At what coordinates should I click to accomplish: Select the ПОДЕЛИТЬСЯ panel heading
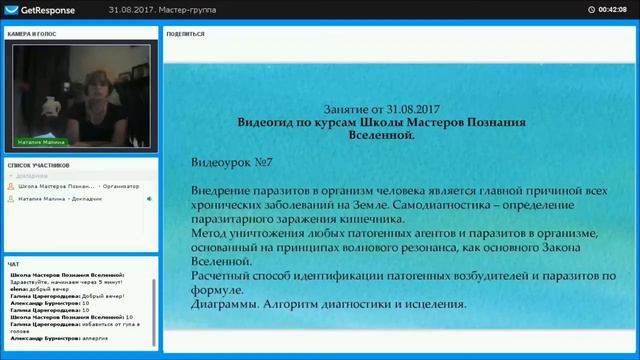click(x=187, y=33)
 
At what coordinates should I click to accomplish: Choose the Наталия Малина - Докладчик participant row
click(x=70, y=199)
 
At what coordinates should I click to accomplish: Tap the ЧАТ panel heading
click(x=13, y=264)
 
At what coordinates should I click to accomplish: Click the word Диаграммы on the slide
click(x=227, y=301)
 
